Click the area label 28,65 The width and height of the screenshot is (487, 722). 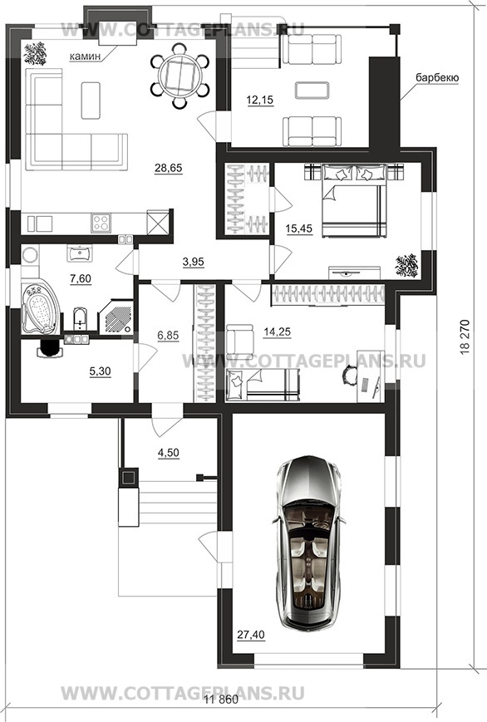tap(168, 168)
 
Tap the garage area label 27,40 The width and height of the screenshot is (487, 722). tap(251, 635)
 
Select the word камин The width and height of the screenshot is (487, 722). tap(84, 56)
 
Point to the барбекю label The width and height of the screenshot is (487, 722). tap(437, 78)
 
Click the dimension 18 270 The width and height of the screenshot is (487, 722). tap(465, 336)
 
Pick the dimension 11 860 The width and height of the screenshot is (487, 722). tap(221, 700)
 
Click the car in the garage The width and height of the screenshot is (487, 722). tap(310, 543)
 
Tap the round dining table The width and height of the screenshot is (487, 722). tap(177, 75)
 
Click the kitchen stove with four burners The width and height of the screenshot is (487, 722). tap(101, 223)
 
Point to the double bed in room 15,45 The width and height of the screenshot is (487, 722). tap(353, 201)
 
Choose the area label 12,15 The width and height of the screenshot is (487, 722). tap(260, 100)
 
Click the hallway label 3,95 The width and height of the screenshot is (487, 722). tap(193, 262)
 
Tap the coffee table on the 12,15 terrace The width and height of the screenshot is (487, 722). tap(312, 91)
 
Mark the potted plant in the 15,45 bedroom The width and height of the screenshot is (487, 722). tap(407, 266)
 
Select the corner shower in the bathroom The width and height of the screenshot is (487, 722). tap(116, 317)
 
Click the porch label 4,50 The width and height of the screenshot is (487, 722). tap(168, 453)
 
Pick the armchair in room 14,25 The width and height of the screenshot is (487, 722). tap(239, 339)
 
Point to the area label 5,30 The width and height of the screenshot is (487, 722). tap(100, 371)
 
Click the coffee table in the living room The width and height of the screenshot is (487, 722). tap(91, 101)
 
